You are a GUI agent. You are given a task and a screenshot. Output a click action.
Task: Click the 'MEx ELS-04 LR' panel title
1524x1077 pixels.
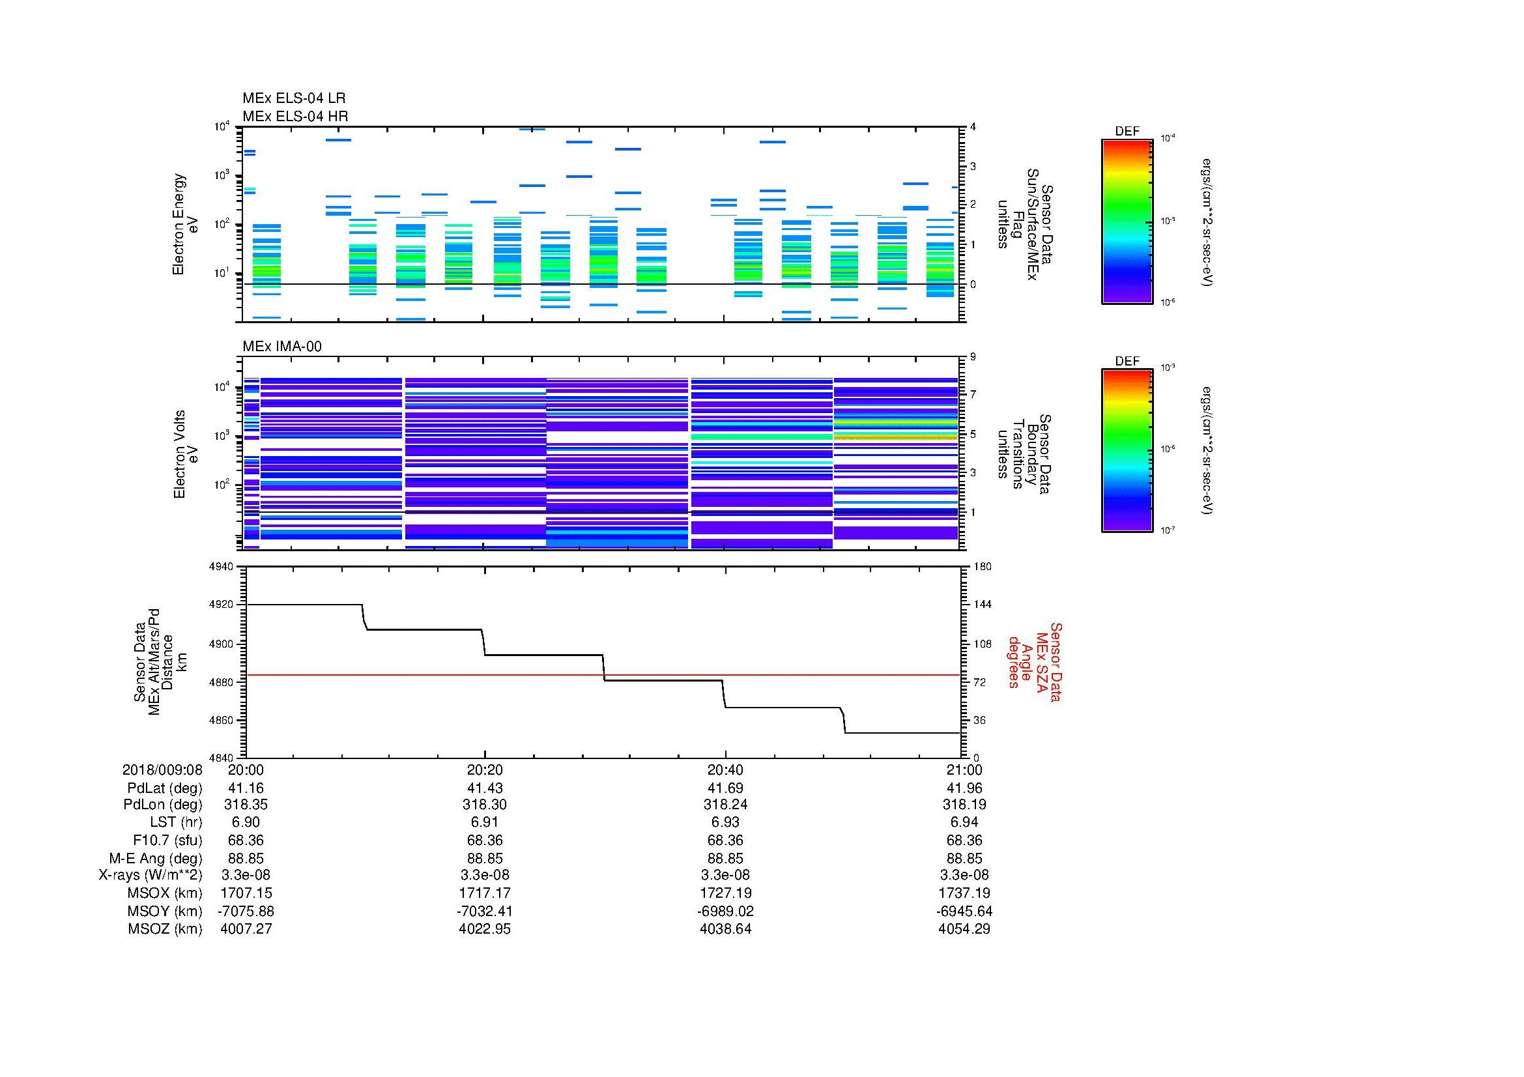point(293,98)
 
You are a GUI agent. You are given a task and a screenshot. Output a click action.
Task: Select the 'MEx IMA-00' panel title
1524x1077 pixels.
point(281,347)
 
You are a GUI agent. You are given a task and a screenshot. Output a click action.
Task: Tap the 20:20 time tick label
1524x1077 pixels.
point(485,769)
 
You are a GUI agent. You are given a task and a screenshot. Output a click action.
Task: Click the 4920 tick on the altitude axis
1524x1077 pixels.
point(221,605)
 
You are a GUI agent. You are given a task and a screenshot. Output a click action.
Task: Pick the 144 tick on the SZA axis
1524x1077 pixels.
point(982,605)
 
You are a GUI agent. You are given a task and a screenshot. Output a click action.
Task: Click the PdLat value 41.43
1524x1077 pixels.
point(485,788)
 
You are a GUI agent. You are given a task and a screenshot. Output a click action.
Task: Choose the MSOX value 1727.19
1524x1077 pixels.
point(725,893)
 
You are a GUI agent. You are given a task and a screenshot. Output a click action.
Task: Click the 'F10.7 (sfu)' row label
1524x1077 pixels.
point(167,840)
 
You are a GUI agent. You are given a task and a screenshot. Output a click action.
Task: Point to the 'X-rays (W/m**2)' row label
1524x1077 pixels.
point(150,875)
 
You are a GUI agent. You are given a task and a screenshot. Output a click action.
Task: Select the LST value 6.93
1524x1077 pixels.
point(725,822)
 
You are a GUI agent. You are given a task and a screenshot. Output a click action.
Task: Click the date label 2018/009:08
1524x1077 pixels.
point(162,769)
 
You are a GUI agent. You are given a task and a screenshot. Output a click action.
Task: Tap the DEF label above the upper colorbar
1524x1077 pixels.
point(1127,132)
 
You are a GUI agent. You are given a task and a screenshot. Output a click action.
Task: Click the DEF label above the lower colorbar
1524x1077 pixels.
point(1127,361)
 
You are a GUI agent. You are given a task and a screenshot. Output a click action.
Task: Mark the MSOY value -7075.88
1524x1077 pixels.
point(246,911)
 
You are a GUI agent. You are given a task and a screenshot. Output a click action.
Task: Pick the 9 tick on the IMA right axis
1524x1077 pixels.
point(973,357)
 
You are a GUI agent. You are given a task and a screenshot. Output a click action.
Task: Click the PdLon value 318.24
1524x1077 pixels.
point(725,805)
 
